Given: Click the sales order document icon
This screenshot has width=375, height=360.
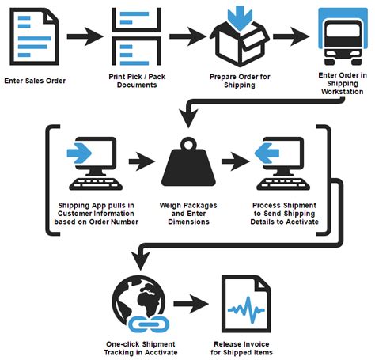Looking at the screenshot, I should click(x=34, y=36).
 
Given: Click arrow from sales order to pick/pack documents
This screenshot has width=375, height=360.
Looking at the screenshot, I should click(x=83, y=36).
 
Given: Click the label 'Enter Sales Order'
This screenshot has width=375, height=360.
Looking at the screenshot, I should click(x=34, y=81).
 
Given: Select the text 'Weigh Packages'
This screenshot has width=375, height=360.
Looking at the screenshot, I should click(x=187, y=206).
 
